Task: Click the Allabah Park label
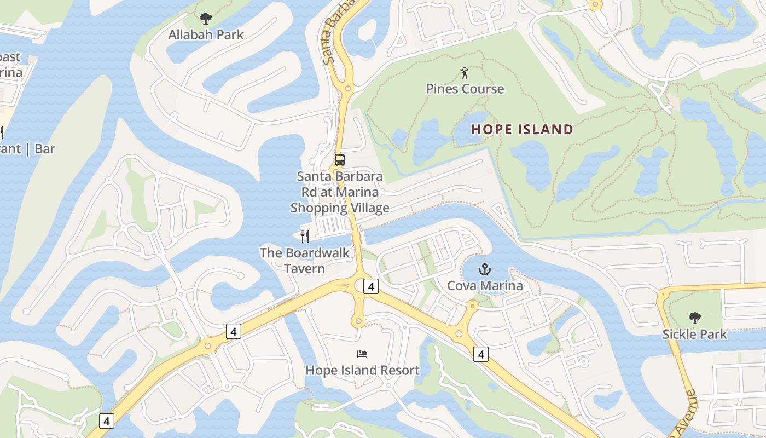(206, 35)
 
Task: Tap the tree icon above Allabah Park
(206, 19)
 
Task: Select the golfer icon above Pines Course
(465, 72)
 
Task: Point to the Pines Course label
(465, 89)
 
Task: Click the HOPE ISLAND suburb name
(522, 130)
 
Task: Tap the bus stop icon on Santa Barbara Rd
(340, 160)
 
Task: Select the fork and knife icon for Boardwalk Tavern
(305, 237)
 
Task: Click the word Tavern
(304, 269)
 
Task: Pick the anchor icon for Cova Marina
(484, 269)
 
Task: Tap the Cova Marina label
(485, 286)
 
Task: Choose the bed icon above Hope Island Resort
(362, 354)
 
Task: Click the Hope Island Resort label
(362, 370)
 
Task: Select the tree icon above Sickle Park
(694, 318)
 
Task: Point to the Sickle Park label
(694, 334)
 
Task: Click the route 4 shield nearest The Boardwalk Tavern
(371, 286)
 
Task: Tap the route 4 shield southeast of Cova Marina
(481, 354)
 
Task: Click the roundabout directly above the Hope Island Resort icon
(358, 320)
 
